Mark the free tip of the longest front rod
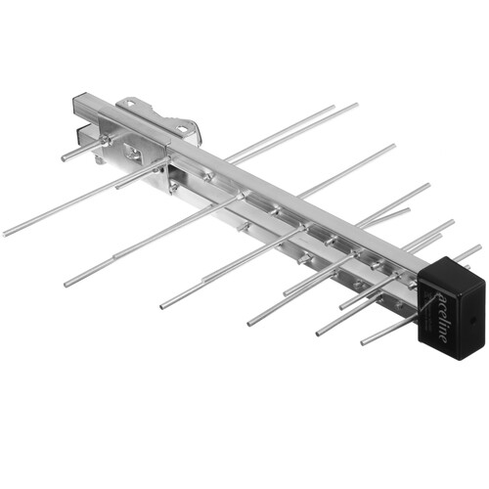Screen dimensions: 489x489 6,234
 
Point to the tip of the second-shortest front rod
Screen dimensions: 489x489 319,332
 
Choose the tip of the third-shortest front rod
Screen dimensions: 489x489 250,322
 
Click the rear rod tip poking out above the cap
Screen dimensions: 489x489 478,248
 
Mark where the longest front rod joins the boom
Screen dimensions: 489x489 166,166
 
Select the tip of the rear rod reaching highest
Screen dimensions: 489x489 356,105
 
